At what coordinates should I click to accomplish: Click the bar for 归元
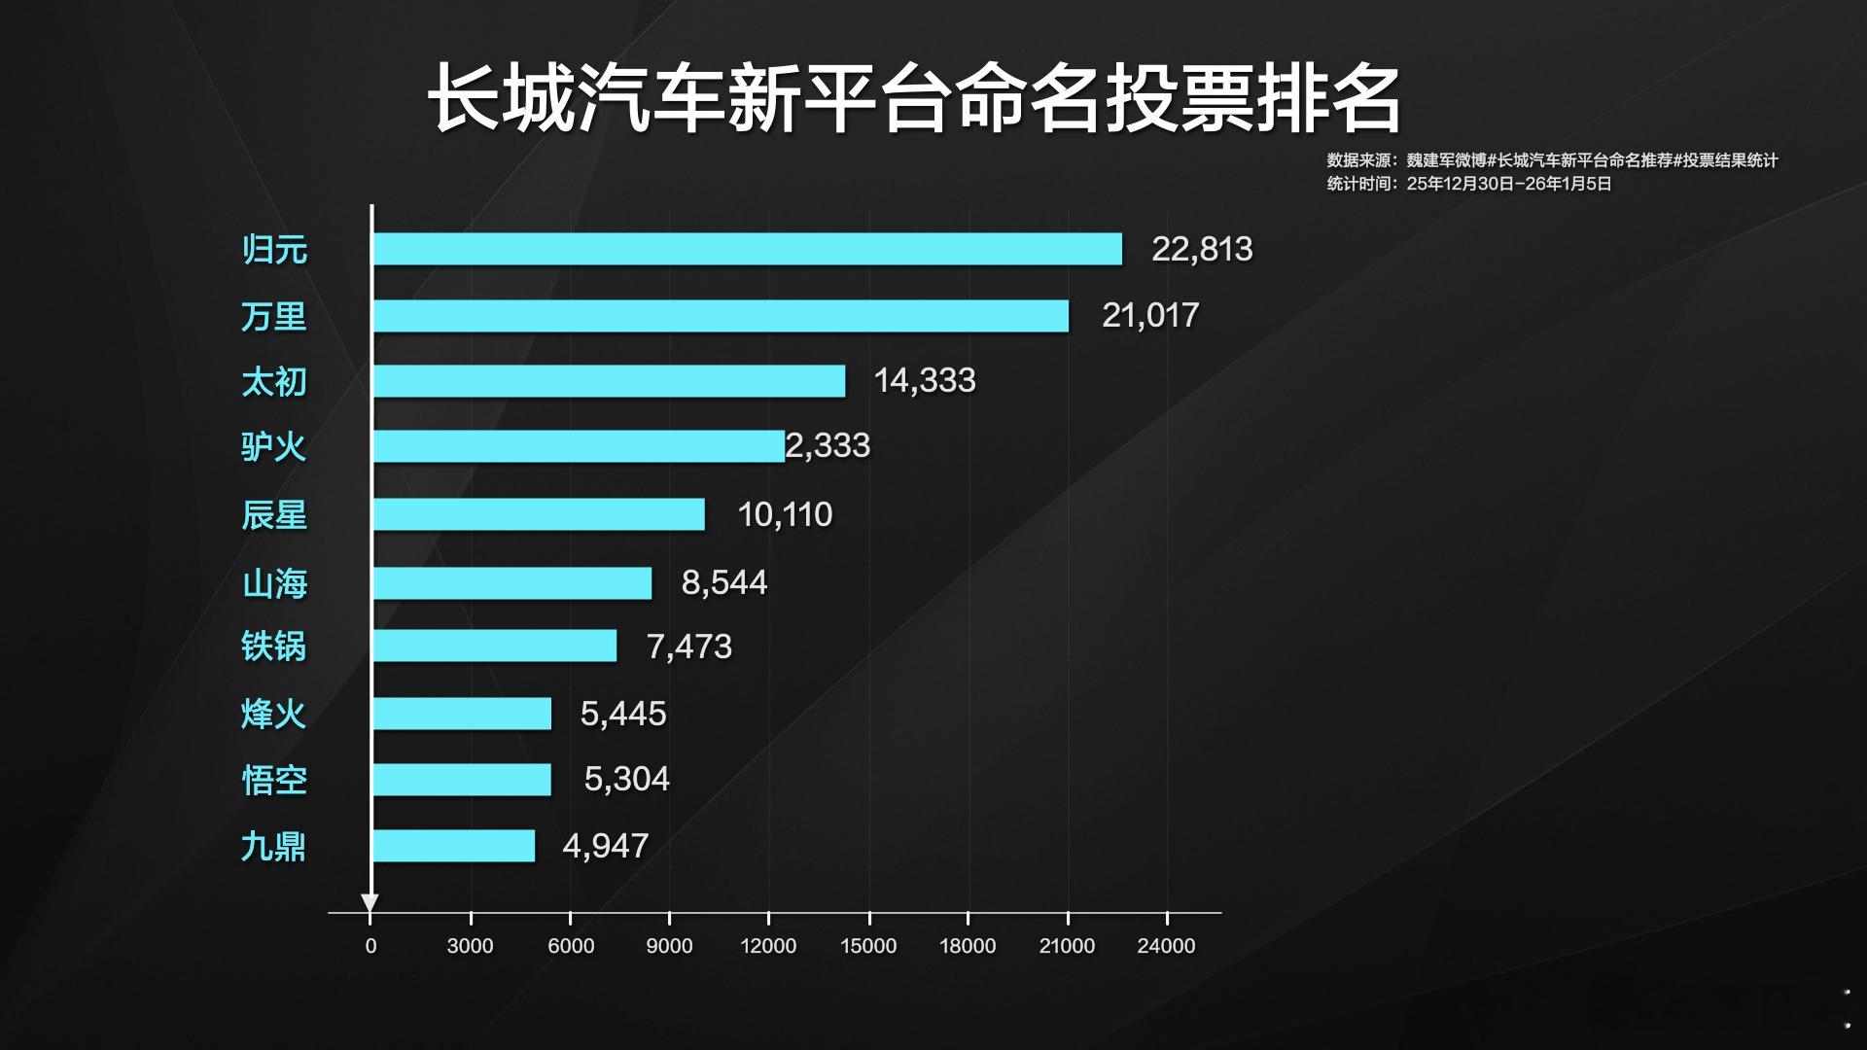(747, 249)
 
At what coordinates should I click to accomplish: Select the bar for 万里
(721, 316)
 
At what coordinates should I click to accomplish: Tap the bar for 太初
(609, 381)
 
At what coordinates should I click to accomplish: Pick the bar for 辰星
(539, 514)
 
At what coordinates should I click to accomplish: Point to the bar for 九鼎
(454, 846)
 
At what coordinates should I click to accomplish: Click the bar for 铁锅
(495, 646)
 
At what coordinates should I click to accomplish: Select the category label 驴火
(273, 447)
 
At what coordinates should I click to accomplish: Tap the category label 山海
(274, 583)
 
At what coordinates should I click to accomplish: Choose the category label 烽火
(273, 715)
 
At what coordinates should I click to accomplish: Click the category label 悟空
(274, 780)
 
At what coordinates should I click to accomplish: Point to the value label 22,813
(1202, 249)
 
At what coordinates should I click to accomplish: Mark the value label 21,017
(1150, 315)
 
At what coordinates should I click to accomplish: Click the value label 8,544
(724, 582)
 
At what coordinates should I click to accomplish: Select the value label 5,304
(626, 779)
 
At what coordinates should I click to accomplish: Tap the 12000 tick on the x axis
(768, 946)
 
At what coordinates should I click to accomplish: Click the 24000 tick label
(1166, 946)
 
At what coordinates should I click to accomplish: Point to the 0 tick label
(370, 946)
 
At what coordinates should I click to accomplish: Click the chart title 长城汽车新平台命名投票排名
(914, 99)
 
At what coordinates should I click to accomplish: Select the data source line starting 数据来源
(1552, 160)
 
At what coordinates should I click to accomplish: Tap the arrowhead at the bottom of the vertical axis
(370, 903)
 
